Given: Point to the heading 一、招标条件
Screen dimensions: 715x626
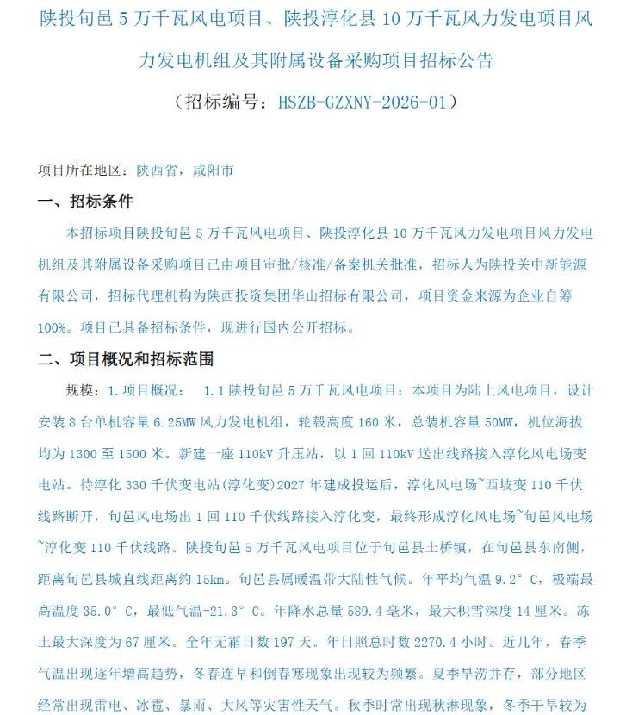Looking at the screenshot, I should pyautogui.click(x=85, y=202).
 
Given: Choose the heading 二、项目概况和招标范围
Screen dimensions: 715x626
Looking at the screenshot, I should pyautogui.click(x=126, y=359).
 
